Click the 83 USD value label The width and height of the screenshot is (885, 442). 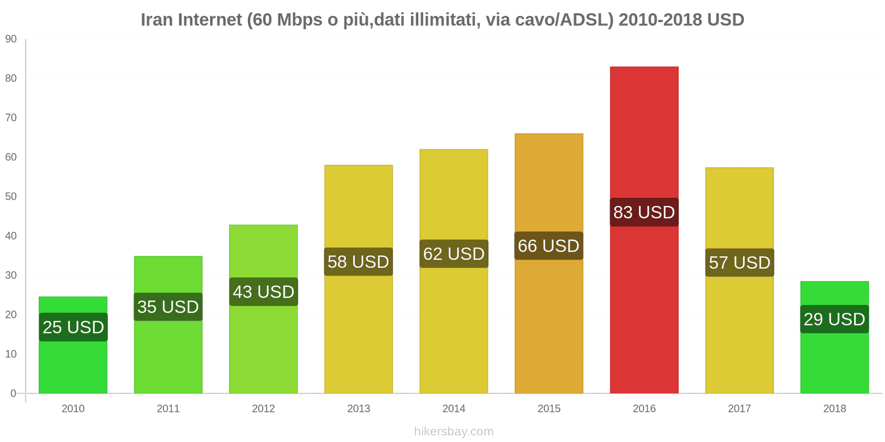(644, 212)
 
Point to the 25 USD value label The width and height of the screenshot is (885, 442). (73, 327)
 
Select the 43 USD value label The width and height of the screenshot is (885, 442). (263, 292)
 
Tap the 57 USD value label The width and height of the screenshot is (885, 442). (740, 262)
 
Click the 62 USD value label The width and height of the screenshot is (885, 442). (454, 254)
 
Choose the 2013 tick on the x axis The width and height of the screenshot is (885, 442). (358, 409)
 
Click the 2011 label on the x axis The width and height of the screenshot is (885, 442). (168, 409)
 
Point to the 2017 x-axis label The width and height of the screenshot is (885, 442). (740, 409)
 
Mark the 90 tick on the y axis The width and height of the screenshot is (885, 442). (11, 39)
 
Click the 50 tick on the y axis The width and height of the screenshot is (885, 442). (11, 196)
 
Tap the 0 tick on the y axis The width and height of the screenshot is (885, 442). (13, 393)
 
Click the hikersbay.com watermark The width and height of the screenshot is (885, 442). (454, 432)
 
